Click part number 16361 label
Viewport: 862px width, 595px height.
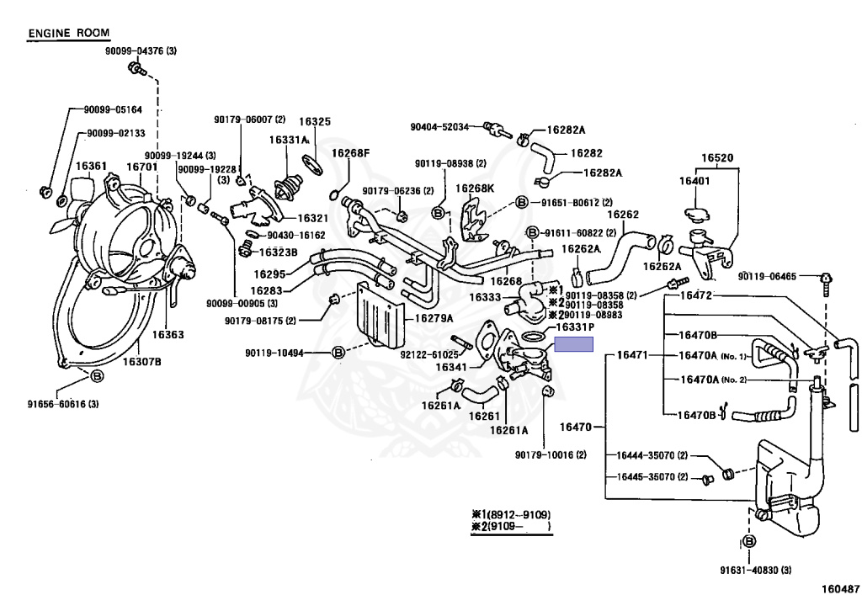pos(91,167)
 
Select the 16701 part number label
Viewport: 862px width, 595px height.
pos(142,167)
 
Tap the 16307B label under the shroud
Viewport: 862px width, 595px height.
pos(141,362)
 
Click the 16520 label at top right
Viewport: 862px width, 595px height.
pos(718,157)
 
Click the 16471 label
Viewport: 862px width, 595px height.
pos(631,355)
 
